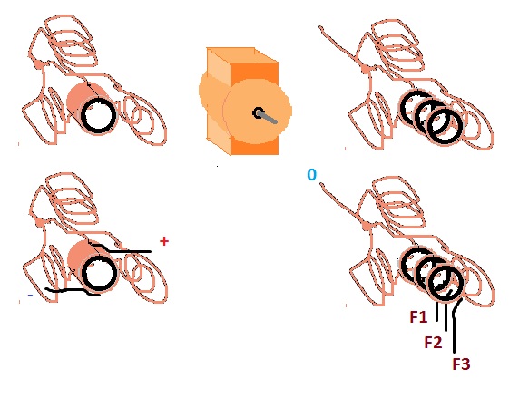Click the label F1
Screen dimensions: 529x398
(418, 316)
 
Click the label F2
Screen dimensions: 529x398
(433, 343)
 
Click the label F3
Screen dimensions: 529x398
(461, 364)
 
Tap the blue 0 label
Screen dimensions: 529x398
(312, 175)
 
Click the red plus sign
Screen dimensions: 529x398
(164, 241)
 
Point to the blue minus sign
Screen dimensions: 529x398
(30, 296)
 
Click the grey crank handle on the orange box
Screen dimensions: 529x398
(269, 118)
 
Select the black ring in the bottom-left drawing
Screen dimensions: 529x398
(99, 273)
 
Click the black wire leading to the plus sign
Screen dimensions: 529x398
(122, 251)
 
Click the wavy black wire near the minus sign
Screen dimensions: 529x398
(73, 290)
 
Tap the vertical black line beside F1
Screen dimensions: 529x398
(437, 311)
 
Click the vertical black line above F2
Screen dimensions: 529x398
(446, 317)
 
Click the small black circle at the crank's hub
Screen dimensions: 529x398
(259, 113)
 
